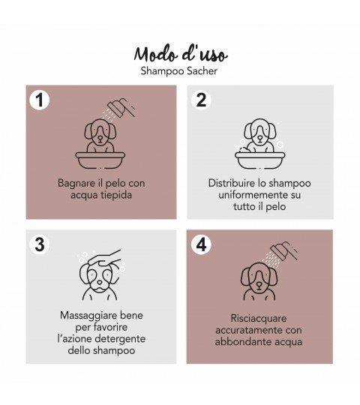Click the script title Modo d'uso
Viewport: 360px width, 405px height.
click(x=181, y=54)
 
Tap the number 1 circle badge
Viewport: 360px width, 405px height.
click(x=40, y=100)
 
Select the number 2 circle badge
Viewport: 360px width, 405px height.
click(x=201, y=100)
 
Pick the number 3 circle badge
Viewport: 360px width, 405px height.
click(x=40, y=244)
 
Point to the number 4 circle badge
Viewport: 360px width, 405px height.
click(x=201, y=244)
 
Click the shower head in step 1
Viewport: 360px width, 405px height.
click(x=121, y=108)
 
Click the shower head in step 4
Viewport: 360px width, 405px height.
click(x=283, y=252)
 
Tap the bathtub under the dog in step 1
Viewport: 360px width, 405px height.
click(x=100, y=160)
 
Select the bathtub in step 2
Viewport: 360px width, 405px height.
click(x=260, y=160)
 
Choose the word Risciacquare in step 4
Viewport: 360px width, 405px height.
click(x=259, y=319)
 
